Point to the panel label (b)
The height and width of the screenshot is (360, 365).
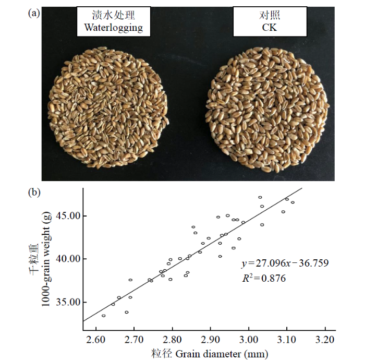click(34, 191)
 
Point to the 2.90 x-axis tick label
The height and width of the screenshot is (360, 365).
click(210, 340)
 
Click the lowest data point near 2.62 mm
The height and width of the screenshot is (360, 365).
click(103, 316)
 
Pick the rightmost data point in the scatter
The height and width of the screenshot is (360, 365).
click(293, 202)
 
